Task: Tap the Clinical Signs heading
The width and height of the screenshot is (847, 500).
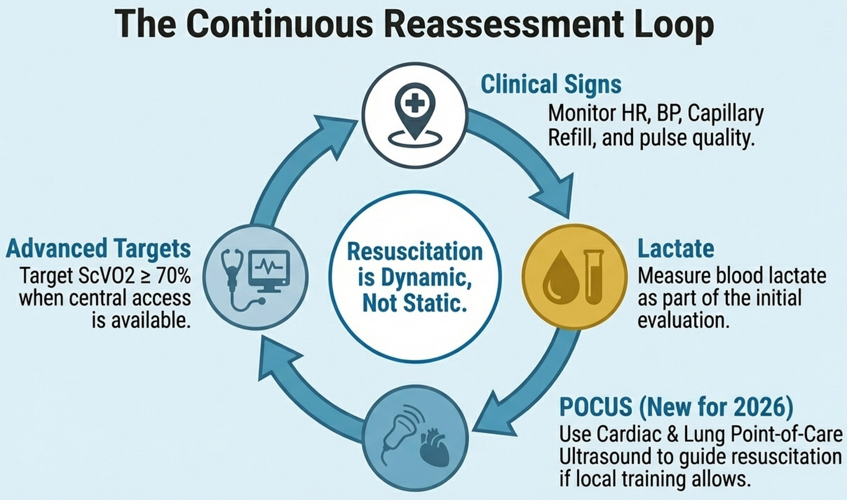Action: [x=550, y=84]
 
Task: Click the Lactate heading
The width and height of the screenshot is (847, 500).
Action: [x=675, y=249]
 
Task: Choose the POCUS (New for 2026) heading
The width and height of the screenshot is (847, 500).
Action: [x=676, y=407]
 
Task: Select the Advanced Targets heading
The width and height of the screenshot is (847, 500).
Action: [x=98, y=249]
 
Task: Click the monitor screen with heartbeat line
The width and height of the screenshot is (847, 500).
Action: [x=268, y=269]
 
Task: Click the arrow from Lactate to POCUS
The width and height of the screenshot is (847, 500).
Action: [x=532, y=384]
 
